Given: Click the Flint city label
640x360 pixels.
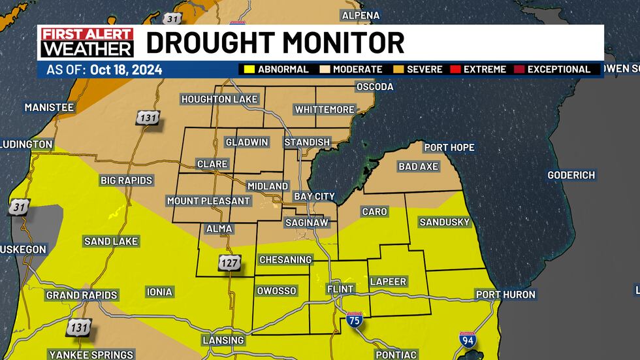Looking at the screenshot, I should (340, 289).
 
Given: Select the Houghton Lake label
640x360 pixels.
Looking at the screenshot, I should (219, 99).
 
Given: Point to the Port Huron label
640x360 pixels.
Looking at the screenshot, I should (505, 295).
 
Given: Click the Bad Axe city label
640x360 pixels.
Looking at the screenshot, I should (418, 167).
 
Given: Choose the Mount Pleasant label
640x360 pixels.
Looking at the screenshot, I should (208, 201).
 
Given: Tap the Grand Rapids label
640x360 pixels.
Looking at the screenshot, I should (82, 295).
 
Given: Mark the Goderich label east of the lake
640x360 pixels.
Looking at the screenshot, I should (571, 175).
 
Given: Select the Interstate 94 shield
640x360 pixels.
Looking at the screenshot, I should (468, 340).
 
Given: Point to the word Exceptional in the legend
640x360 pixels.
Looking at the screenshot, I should (558, 69).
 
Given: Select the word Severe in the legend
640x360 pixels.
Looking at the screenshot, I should (424, 69).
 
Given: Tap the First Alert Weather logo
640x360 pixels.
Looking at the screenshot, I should (86, 42).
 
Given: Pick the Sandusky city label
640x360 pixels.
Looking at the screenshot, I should (444, 222).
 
